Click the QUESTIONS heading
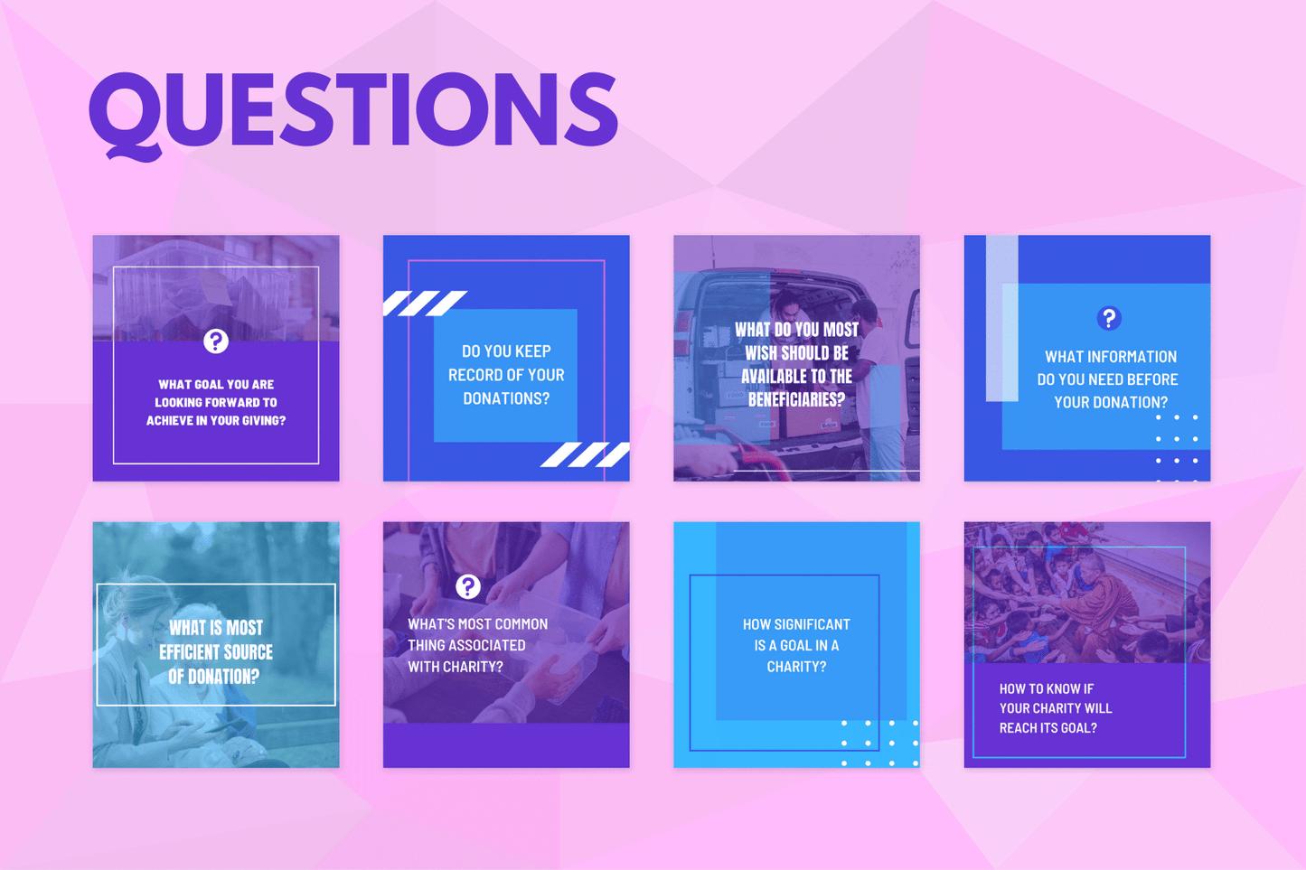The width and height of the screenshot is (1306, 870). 353,110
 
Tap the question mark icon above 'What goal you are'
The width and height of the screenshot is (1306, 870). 215,341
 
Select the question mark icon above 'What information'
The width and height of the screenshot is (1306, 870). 1109,318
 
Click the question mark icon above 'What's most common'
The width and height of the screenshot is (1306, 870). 467,586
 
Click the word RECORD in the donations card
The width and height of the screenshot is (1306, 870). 480,375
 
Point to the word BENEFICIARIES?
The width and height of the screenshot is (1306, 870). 796,399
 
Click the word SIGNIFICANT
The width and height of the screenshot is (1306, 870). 812,624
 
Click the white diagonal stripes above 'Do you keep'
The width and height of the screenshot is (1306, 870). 424,303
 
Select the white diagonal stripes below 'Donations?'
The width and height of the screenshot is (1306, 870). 585,454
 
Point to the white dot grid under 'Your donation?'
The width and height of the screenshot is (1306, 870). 1177,448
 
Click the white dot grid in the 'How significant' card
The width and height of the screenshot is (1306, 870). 879,743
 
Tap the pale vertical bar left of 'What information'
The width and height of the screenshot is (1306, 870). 1001,316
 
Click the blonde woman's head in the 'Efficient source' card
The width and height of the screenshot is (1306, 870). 136,605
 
